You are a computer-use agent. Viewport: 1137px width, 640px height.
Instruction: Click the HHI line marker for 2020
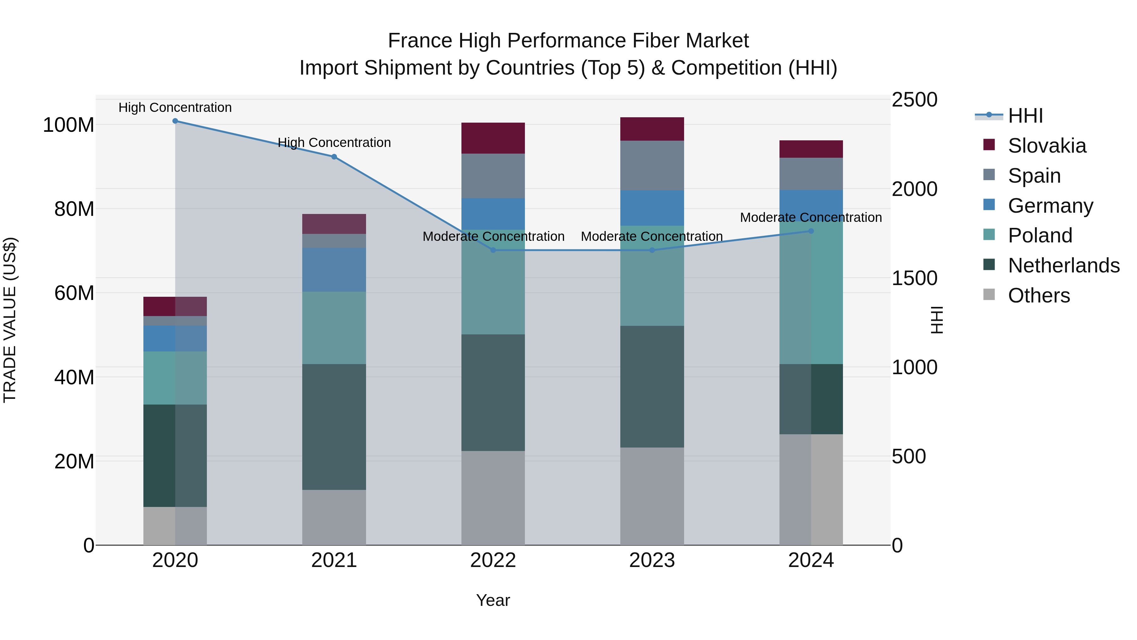pyautogui.click(x=175, y=121)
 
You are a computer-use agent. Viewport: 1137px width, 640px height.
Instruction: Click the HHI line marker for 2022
pyautogui.click(x=493, y=250)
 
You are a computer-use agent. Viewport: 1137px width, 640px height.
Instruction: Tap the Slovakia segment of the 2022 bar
pyautogui.click(x=493, y=138)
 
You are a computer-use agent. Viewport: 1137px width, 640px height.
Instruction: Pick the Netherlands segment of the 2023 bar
pyautogui.click(x=652, y=387)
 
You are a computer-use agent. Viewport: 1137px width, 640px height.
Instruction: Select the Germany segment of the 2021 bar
pyautogui.click(x=334, y=270)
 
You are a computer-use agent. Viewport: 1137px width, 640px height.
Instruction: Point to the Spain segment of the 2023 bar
pyautogui.click(x=652, y=166)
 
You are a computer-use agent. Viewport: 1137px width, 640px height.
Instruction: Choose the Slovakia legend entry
pyautogui.click(x=1047, y=146)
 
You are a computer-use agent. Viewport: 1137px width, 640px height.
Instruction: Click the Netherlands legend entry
pyautogui.click(x=1063, y=265)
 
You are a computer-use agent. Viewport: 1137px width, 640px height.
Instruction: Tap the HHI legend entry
pyautogui.click(x=1025, y=116)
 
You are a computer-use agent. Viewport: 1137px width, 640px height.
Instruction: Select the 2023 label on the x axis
pyautogui.click(x=652, y=560)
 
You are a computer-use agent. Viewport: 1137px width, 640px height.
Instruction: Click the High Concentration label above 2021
pyautogui.click(x=334, y=143)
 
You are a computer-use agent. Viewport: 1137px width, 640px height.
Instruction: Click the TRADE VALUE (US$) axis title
pyautogui.click(x=10, y=320)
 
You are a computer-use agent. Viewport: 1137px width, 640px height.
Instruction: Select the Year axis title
pyautogui.click(x=493, y=600)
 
